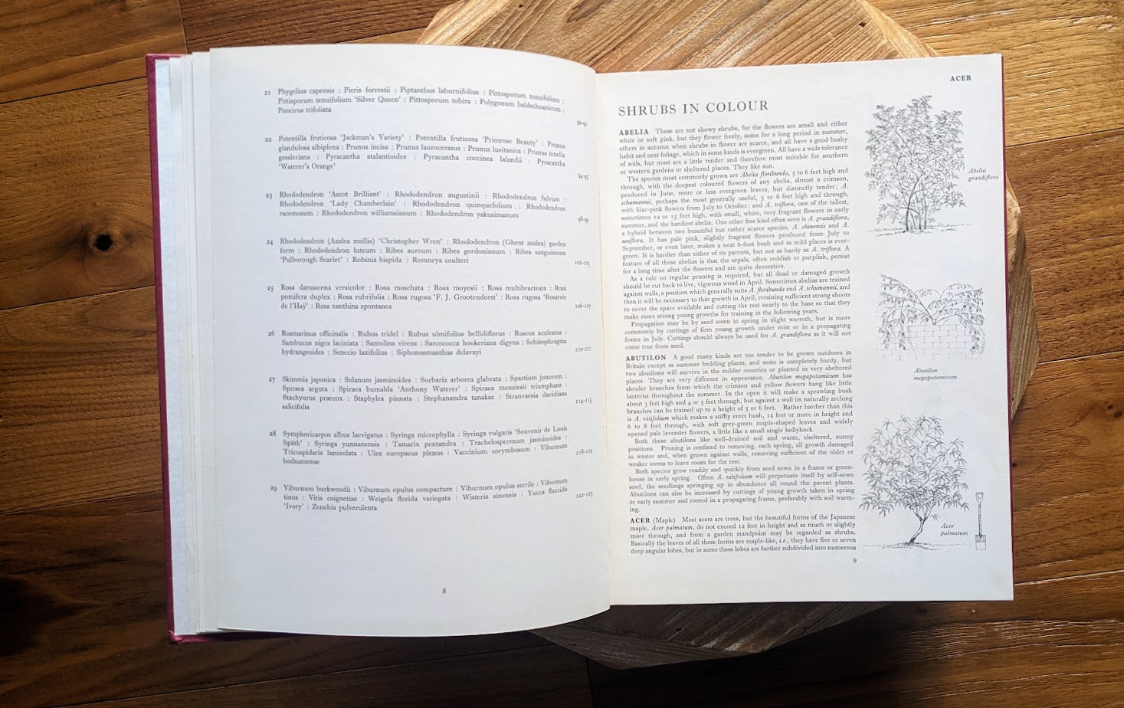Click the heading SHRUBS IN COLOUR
point(693,107)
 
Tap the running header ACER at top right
point(959,78)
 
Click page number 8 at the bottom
point(444,590)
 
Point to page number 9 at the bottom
point(854,560)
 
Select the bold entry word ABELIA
point(634,132)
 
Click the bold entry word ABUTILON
point(645,357)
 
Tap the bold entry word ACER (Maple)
point(640,520)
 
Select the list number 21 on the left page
point(268,92)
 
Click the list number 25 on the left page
point(270,288)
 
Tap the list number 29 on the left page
point(273,488)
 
